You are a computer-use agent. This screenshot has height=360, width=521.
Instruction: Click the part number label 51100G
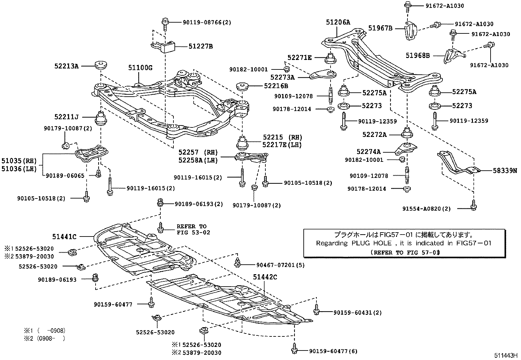(140, 68)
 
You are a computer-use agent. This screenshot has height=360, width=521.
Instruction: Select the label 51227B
(200, 47)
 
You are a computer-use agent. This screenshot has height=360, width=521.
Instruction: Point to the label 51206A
(338, 22)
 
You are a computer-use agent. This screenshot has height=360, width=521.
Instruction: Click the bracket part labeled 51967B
(411, 31)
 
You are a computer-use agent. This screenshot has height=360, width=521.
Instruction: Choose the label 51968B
(418, 56)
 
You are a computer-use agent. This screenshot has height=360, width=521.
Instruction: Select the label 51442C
(265, 277)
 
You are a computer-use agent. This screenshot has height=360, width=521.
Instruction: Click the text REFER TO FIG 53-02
(193, 229)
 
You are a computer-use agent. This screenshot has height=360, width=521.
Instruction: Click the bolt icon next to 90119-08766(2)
(165, 22)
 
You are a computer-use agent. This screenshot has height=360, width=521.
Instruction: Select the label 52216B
(276, 86)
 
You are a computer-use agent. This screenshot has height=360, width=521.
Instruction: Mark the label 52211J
(67, 117)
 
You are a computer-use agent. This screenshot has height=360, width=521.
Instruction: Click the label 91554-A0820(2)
(427, 209)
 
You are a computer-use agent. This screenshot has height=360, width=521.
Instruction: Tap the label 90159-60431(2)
(358, 313)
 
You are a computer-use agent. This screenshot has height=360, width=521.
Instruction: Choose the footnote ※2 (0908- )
(44, 338)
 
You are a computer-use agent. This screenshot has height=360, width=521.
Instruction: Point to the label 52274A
(368, 151)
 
